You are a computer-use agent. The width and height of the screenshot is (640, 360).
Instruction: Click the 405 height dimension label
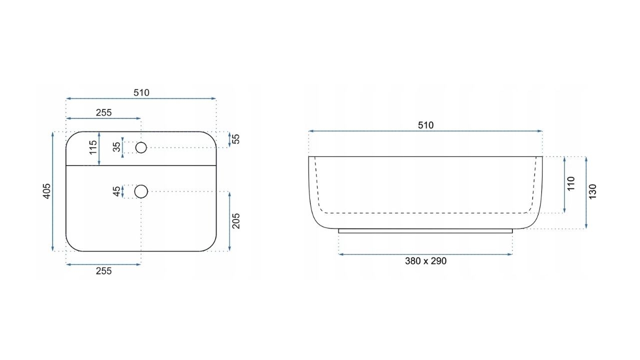click(46, 191)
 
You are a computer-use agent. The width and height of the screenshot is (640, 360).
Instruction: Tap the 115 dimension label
click(93, 147)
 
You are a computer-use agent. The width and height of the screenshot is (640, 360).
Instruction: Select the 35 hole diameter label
click(117, 147)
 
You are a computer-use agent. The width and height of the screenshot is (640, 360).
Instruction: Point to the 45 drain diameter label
click(117, 191)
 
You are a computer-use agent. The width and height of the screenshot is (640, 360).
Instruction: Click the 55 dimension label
click(236, 139)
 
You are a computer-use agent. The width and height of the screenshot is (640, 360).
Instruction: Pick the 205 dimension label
click(236, 221)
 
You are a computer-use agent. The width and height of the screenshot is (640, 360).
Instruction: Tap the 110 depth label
click(570, 183)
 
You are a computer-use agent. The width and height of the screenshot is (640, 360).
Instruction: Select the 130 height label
click(592, 191)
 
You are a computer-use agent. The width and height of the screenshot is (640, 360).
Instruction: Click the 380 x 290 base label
click(425, 261)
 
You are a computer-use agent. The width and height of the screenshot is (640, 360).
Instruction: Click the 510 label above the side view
click(425, 125)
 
